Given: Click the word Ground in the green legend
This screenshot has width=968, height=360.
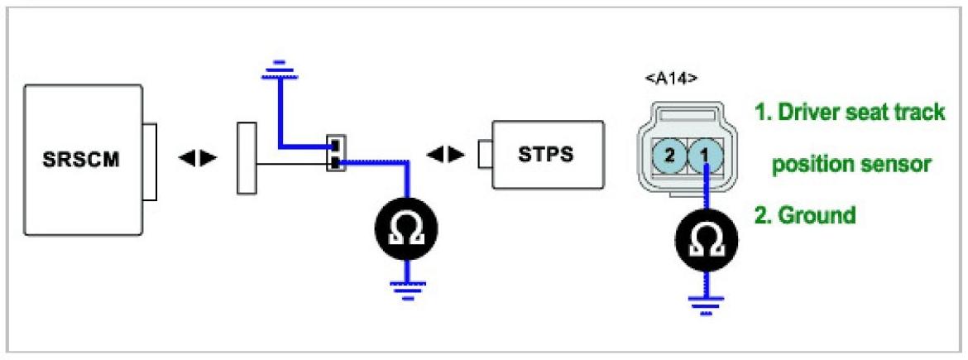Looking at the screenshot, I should tap(816, 215).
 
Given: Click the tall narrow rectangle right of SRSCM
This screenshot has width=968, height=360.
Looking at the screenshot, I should tap(247, 157).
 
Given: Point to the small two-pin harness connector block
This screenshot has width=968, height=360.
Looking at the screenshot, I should tap(334, 154).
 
